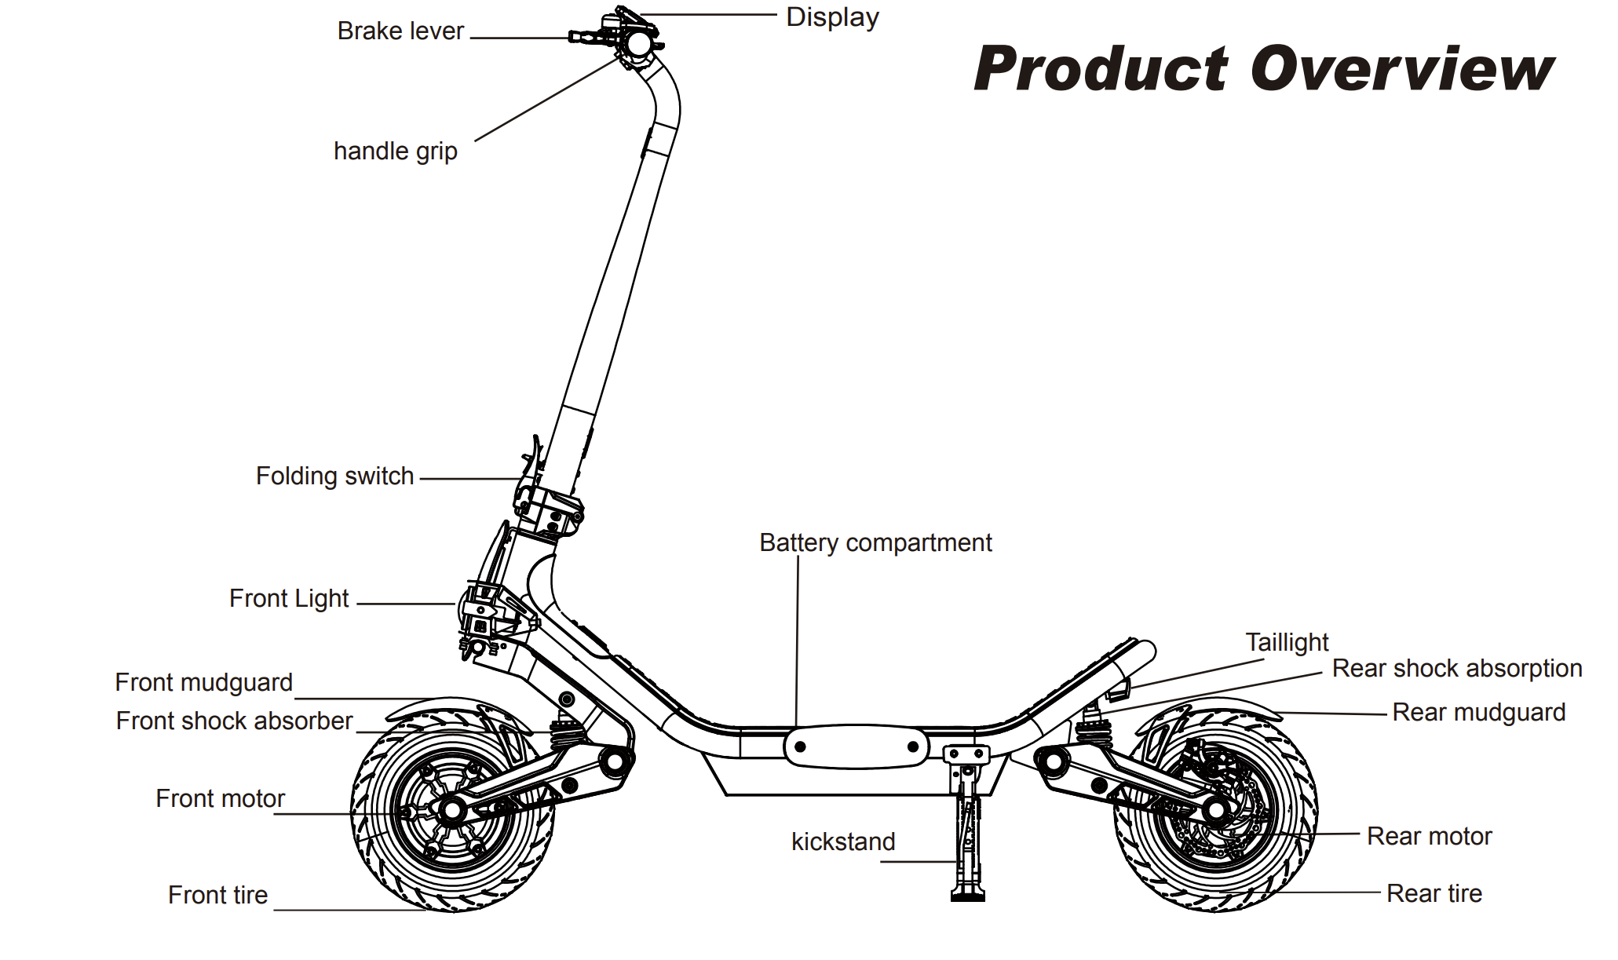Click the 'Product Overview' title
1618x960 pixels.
tap(1263, 69)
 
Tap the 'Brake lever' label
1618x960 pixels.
tap(400, 31)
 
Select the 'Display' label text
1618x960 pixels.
tap(832, 17)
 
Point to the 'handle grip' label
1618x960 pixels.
tap(395, 151)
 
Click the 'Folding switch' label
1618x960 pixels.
tap(334, 476)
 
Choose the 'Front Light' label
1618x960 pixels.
tap(288, 599)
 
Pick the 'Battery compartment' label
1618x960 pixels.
tap(875, 543)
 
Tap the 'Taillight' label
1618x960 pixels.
tap(1287, 643)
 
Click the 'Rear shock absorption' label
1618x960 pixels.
tap(1457, 669)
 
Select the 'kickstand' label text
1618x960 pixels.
tap(843, 842)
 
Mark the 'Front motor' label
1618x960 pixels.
tap(220, 799)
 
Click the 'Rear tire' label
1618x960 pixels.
tap(1434, 894)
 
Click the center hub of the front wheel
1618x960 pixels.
tap(452, 811)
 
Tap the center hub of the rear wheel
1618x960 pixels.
tap(1215, 810)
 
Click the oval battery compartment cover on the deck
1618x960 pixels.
tap(856, 746)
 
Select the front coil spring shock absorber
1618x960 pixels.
tap(568, 732)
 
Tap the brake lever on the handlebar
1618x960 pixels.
tap(589, 36)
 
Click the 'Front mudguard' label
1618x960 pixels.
tap(203, 683)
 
